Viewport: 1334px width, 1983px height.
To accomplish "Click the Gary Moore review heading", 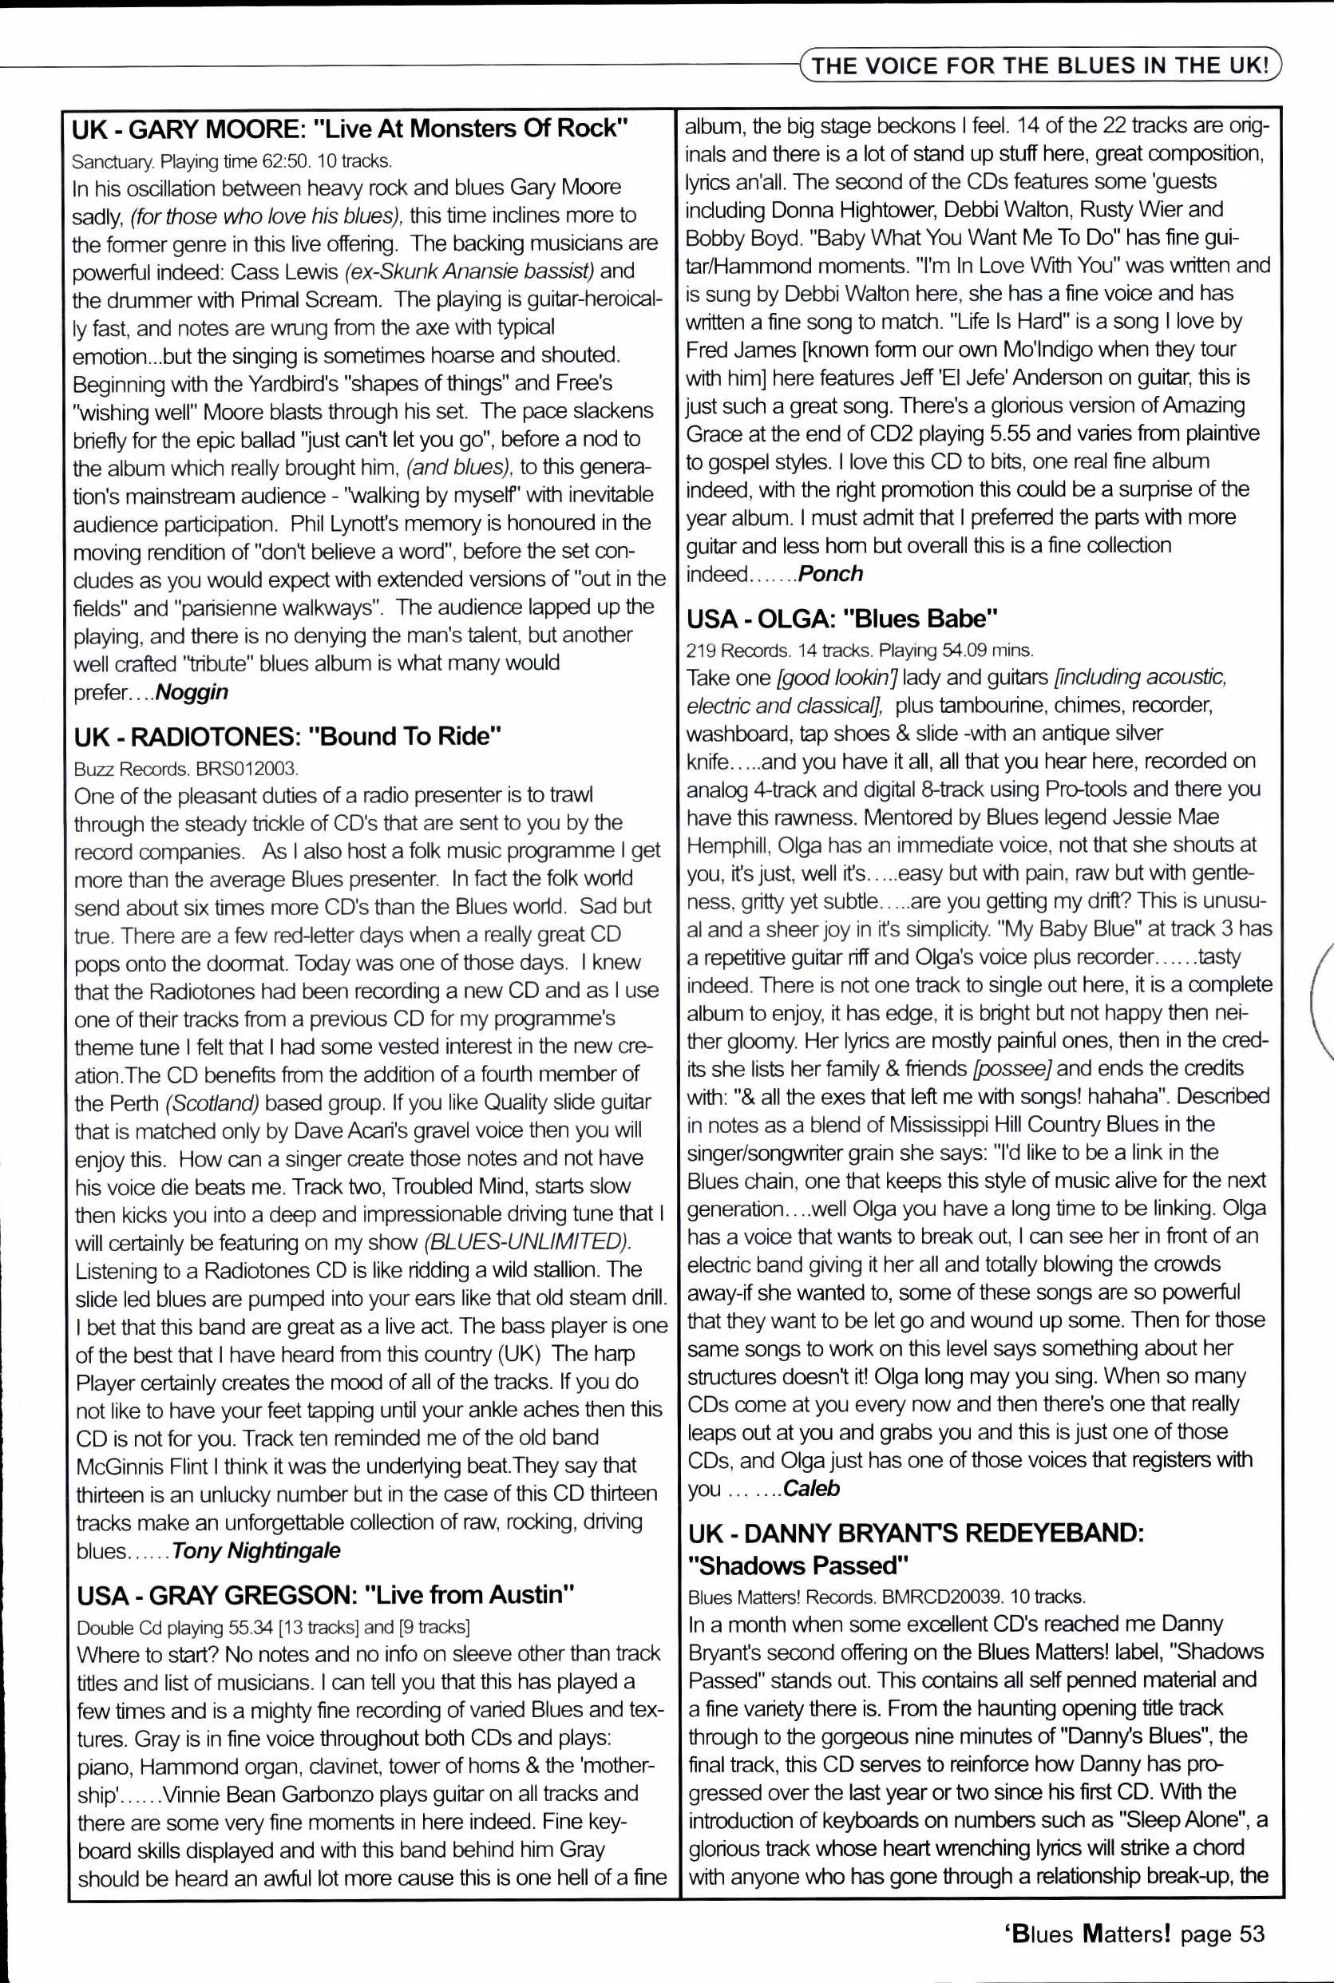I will [350, 129].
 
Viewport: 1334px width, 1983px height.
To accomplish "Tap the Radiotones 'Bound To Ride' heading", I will [288, 736].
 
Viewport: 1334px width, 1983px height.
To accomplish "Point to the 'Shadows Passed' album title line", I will [799, 1565].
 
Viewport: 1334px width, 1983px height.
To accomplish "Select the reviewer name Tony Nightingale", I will [256, 1550].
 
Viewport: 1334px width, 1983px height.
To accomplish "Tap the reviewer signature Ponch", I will [831, 573].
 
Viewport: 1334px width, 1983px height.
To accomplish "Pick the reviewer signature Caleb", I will [811, 1488].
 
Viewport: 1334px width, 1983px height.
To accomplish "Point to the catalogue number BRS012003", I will [246, 769].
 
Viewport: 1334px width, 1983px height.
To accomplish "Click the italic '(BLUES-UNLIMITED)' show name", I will [528, 1241].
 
